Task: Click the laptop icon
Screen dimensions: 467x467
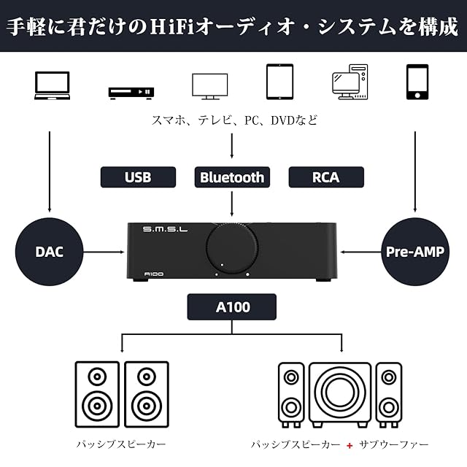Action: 53,84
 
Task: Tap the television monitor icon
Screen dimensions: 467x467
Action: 209,85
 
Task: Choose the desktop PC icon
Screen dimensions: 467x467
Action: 349,82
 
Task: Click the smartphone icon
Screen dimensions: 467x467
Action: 417,82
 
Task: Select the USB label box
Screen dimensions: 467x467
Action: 138,177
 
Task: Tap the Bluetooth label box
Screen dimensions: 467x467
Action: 232,177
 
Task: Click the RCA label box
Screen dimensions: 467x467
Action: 325,177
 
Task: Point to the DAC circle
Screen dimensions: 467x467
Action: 50,252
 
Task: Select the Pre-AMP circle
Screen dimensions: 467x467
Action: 416,252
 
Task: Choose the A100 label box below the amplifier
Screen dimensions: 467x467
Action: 232,307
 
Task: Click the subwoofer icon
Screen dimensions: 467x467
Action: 339,394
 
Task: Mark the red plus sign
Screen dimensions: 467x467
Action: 350,444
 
